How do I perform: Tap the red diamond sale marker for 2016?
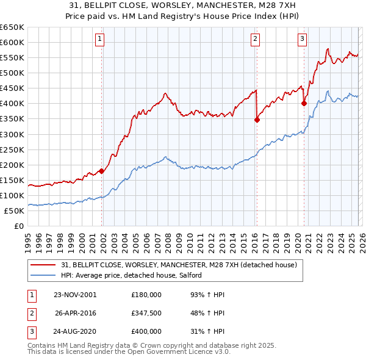click(257, 120)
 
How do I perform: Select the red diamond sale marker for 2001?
click(102, 171)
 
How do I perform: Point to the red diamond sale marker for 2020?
click(304, 104)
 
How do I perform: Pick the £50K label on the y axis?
click(15, 211)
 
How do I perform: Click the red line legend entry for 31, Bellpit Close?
click(179, 265)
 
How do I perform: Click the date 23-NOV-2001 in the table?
click(75, 295)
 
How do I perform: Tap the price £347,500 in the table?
click(146, 313)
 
